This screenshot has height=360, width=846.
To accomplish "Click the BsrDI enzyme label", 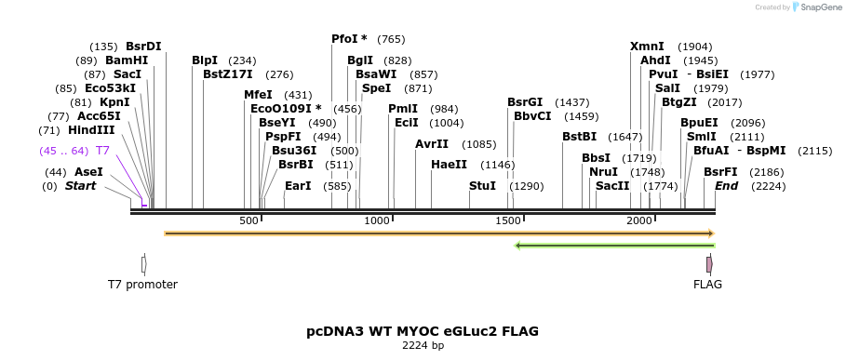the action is tap(143, 47).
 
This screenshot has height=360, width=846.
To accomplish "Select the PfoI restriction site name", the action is tap(349, 39).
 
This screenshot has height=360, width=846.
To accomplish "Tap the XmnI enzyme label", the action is tap(647, 47).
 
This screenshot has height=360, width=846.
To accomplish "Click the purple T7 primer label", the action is tap(102, 151).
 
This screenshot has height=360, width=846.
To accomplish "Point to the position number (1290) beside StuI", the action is tap(526, 186).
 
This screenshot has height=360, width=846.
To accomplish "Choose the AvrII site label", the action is tap(432, 144).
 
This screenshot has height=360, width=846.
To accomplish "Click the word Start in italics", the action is tap(80, 186).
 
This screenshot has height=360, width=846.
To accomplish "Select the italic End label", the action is tap(726, 186).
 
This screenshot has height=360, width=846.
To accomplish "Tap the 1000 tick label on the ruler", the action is tap(377, 220).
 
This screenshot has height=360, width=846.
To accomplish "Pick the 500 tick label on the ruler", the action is tap(248, 220).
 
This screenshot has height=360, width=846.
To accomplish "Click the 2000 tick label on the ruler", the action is tap(638, 220).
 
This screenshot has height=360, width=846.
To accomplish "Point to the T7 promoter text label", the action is tap(142, 285).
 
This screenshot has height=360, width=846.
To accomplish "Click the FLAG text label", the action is tap(707, 285).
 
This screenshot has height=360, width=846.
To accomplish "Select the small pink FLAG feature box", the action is tap(709, 264).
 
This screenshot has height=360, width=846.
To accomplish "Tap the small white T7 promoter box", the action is tap(142, 264).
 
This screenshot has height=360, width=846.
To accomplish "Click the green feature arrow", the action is tap(614, 246).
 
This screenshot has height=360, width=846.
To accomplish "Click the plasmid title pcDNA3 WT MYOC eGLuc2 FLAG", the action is tap(423, 331).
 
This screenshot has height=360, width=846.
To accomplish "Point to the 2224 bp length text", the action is tap(423, 346).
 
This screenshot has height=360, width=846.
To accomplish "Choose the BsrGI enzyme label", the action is tap(525, 102).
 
